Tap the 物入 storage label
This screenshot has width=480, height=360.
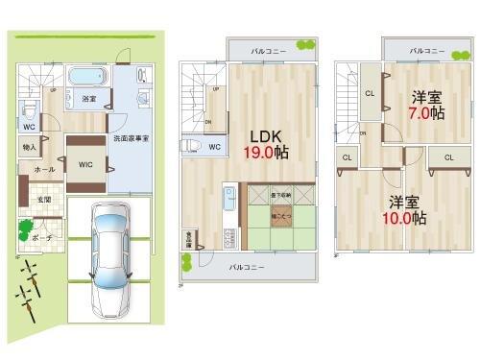pyautogui.click(x=29, y=147)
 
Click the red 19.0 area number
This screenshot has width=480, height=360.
pyautogui.click(x=264, y=152)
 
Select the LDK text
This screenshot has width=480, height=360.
pyautogui.click(x=266, y=134)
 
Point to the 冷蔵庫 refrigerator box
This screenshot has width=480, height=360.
pyautogui.click(x=189, y=238)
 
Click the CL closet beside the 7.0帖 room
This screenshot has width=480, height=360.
pyautogui.click(x=370, y=93)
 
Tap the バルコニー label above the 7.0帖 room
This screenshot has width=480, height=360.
pyautogui.click(x=427, y=50)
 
